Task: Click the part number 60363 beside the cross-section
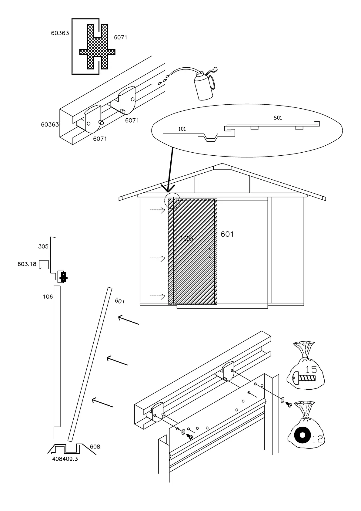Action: click(x=60, y=33)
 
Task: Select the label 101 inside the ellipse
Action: click(x=182, y=129)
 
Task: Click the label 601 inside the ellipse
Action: click(x=278, y=118)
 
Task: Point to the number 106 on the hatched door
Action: click(x=186, y=238)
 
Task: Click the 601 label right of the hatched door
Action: click(x=227, y=234)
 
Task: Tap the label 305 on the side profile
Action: click(x=43, y=246)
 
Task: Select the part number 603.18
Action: click(x=27, y=264)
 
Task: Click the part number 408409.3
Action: click(x=65, y=459)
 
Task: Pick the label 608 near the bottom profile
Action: click(x=95, y=447)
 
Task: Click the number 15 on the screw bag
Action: click(x=311, y=369)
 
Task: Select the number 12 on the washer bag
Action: click(x=317, y=439)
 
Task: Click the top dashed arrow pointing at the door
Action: click(x=157, y=209)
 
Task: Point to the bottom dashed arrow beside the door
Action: click(x=157, y=296)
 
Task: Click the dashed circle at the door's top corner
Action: click(x=172, y=201)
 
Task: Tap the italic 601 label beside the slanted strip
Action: click(x=119, y=301)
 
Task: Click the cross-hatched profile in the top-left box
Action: click(x=97, y=46)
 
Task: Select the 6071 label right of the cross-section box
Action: click(x=120, y=37)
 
